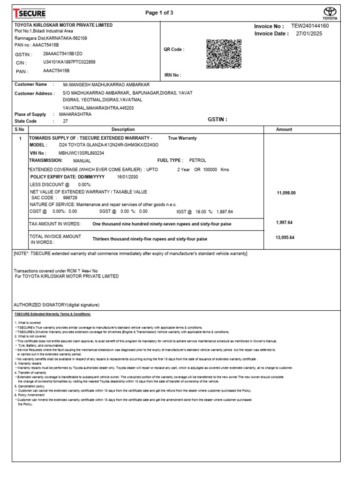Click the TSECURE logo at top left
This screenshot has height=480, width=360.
[29, 13]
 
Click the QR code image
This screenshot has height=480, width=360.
[224, 54]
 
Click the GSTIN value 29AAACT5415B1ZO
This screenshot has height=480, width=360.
[62, 54]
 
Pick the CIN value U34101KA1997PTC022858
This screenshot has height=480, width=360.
[69, 62]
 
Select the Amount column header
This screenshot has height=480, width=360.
[284, 129]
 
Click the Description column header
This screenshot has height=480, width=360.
[123, 129]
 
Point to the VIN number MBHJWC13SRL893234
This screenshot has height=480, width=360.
[81, 153]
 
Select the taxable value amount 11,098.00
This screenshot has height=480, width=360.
[286, 193]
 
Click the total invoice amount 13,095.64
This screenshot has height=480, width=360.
[285, 238]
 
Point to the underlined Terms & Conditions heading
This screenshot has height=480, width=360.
[52, 314]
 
